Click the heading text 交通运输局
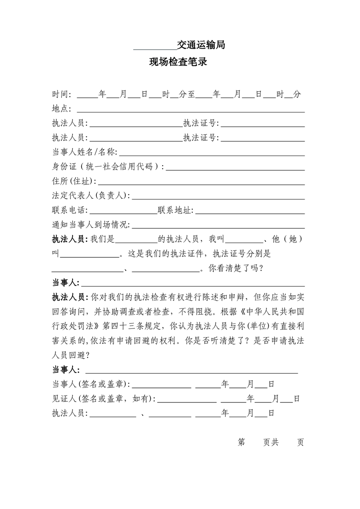pos(201,45)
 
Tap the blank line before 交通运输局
pos(155,48)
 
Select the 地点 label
pos(61,109)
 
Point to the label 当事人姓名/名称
pos(84,152)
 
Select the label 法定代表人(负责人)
pos(91,196)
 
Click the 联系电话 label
pos(70,210)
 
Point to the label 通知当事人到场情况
pos(91,225)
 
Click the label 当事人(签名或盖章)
pos(91,384)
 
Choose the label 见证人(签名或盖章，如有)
pos(104,399)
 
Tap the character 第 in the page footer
pos(242,442)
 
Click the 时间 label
pos(61,94)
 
